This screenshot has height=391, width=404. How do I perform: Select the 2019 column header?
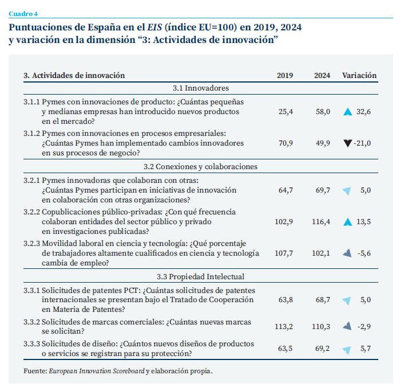(x=285, y=75)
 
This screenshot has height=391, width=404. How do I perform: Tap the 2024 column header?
(x=322, y=75)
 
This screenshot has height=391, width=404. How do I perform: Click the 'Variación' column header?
(x=359, y=75)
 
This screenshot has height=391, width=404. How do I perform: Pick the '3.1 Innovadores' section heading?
(x=201, y=88)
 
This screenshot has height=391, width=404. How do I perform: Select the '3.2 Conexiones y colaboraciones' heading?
(x=201, y=167)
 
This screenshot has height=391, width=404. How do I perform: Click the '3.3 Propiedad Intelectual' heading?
(x=201, y=276)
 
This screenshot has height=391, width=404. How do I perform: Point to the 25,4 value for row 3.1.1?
(x=286, y=112)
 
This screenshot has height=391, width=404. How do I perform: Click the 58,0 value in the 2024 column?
(x=323, y=112)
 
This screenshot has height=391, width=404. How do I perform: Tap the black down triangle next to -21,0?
(x=347, y=143)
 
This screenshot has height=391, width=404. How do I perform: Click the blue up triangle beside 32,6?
(x=347, y=112)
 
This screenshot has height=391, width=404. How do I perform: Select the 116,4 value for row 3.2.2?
(x=321, y=222)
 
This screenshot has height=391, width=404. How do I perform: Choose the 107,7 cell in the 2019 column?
(x=284, y=253)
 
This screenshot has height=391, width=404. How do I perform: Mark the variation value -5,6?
(x=364, y=253)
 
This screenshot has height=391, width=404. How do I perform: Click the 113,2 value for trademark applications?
(x=284, y=327)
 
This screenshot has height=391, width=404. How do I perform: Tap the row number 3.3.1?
(x=31, y=290)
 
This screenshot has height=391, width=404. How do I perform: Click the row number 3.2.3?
(x=31, y=243)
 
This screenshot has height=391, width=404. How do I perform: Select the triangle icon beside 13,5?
(x=347, y=222)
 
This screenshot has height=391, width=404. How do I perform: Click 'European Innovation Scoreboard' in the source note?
(x=96, y=371)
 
